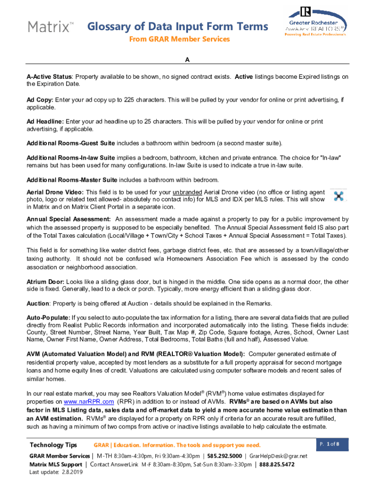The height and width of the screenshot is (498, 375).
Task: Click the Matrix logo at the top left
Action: (48, 26)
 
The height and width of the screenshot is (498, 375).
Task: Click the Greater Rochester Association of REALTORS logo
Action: (315, 25)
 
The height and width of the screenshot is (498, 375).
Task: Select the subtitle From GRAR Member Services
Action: (179, 39)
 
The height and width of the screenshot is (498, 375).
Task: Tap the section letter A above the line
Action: (187, 60)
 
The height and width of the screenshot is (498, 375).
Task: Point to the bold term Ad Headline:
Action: (45, 122)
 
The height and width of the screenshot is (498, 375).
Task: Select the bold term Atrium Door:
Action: (45, 282)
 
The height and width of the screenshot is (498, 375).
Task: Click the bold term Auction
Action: (38, 304)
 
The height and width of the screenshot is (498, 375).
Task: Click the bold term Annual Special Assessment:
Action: (69, 219)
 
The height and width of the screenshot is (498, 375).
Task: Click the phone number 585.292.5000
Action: (224, 456)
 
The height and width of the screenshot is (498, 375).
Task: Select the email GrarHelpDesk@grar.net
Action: (279, 456)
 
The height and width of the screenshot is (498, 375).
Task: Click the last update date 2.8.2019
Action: (71, 473)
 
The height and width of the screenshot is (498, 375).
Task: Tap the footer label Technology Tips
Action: (53, 445)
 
